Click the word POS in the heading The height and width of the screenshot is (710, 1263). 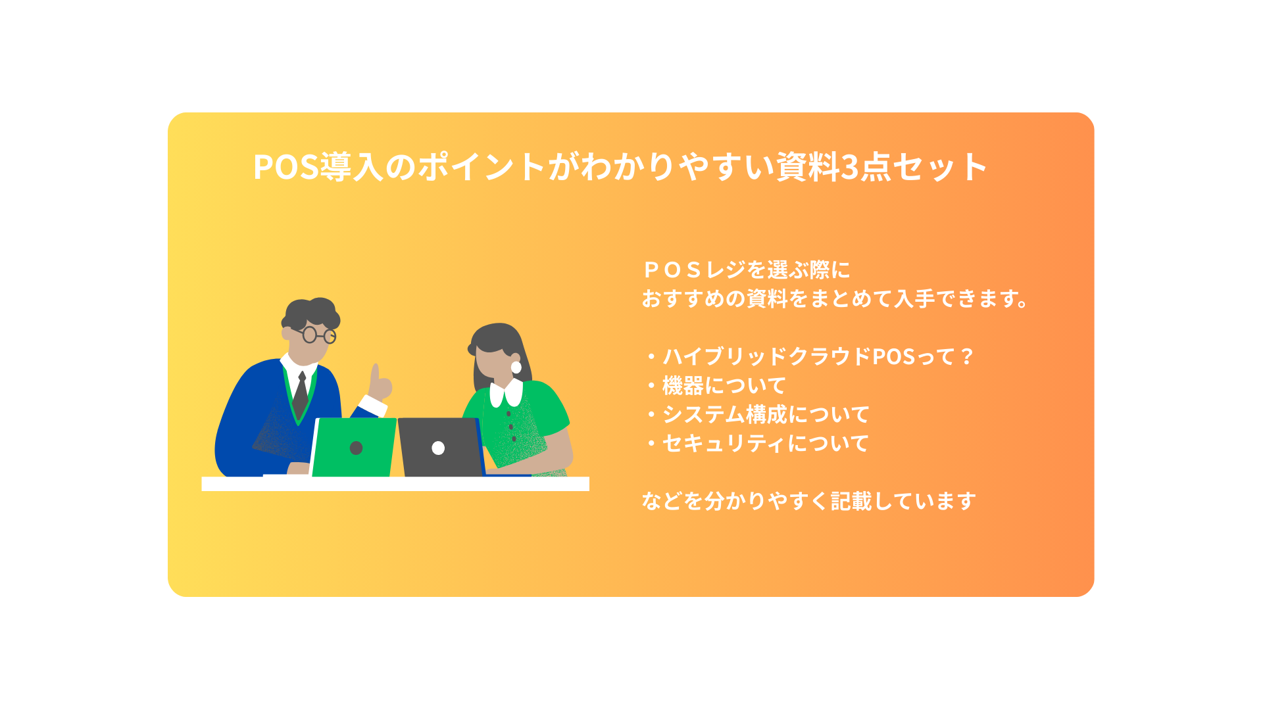pyautogui.click(x=286, y=167)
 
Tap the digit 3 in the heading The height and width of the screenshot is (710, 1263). pyautogui.click(x=851, y=167)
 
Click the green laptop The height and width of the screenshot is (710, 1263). pyautogui.click(x=354, y=447)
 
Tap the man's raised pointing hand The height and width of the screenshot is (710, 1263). pyautogui.click(x=378, y=384)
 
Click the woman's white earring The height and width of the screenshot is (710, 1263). pyautogui.click(x=516, y=367)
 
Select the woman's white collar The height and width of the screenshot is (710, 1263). pyautogui.click(x=506, y=392)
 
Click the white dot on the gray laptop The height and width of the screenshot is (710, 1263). pyautogui.click(x=438, y=448)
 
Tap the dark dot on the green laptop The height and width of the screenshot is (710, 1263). pyautogui.click(x=356, y=448)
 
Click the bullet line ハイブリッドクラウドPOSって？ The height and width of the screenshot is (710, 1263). pyautogui.click(x=809, y=356)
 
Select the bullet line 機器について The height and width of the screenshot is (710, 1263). pyautogui.click(x=715, y=385)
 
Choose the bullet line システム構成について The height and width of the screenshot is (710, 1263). pyautogui.click(x=757, y=414)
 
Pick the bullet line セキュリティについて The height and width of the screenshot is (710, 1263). pyautogui.click(x=757, y=443)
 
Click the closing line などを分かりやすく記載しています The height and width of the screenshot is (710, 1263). pyautogui.click(x=808, y=501)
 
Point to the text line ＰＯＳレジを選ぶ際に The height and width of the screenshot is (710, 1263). pyautogui.click(x=746, y=270)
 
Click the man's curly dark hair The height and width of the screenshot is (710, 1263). pyautogui.click(x=311, y=314)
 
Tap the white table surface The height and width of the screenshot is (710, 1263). pyautogui.click(x=395, y=484)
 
